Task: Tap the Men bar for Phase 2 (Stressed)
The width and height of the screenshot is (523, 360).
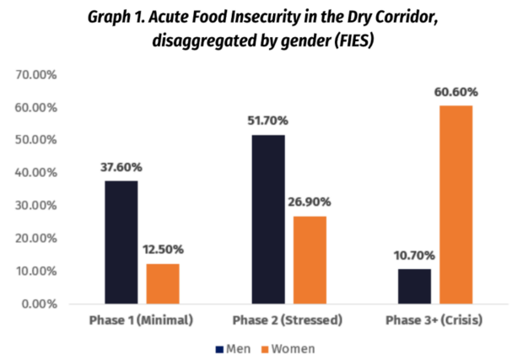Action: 268,219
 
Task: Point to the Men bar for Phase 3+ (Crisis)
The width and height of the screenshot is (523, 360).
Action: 414,286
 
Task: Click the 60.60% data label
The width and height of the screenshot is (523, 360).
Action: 456,92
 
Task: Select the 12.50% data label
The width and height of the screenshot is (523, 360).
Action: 163,250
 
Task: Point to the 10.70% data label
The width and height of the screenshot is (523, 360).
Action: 414,255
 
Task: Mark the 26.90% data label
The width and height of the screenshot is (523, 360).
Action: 310,202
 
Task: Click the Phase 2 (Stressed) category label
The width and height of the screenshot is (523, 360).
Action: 288,321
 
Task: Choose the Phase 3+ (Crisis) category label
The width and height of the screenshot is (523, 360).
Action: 434,321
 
